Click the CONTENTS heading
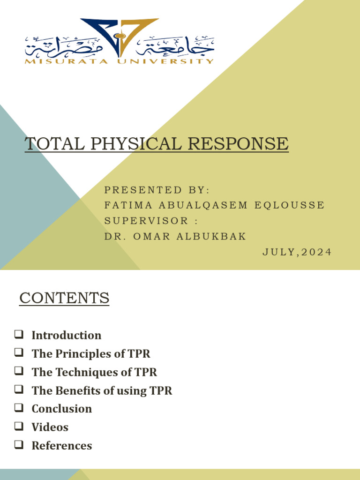click(64, 298)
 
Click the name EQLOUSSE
click(290, 205)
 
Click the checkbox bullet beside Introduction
click(19, 335)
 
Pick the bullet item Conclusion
click(61, 409)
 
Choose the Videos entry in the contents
click(50, 427)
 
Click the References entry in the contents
click(61, 445)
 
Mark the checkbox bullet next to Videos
click(19, 427)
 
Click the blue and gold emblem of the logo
click(120, 35)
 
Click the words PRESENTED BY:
click(157, 190)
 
